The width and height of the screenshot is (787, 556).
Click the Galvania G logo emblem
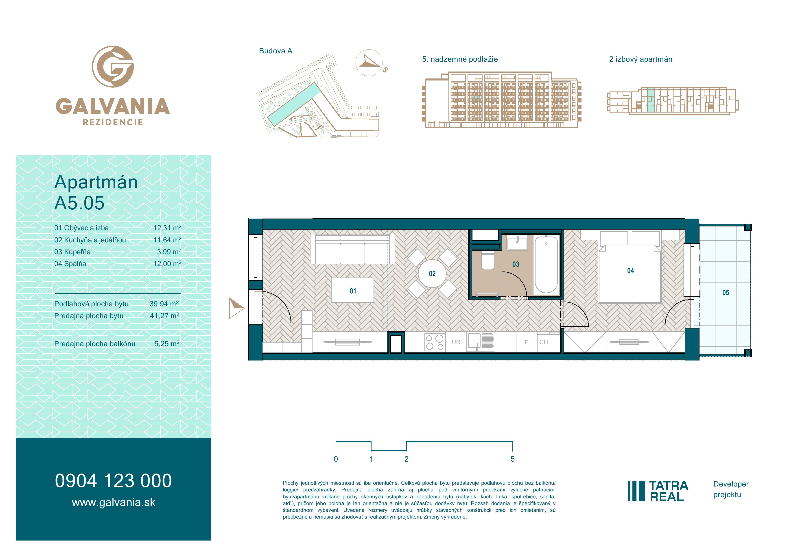[x=113, y=66]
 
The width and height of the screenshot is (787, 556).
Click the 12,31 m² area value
[x=167, y=228]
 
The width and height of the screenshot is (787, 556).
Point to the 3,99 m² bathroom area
[x=169, y=252]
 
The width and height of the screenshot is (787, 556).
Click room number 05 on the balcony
[x=726, y=293]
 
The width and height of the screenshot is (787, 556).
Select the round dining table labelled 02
[x=432, y=273]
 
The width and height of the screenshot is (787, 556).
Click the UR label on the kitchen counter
[x=456, y=342]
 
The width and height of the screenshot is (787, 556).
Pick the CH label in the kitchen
[x=544, y=342]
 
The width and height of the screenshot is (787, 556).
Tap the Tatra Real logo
[x=658, y=491]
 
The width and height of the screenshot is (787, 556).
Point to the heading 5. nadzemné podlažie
[x=460, y=59]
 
